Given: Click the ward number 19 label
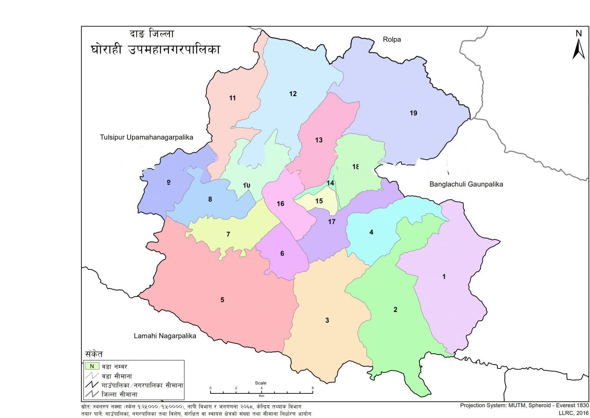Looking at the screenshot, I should pos(413,113).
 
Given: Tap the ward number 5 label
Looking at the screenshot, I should pos(222,300).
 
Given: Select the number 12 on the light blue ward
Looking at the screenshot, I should pos(293,94).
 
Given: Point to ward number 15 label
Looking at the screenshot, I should pos(319,201).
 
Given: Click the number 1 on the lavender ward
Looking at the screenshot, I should pos(444,277).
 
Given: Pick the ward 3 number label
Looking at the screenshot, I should pos(327,320).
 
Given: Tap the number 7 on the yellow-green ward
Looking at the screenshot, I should pos(228,234).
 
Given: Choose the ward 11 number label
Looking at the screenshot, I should pos(232,98).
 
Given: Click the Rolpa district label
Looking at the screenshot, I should pos(392,39).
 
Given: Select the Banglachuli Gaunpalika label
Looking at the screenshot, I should pos(466,184).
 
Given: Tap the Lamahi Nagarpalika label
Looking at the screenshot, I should pos(165,336).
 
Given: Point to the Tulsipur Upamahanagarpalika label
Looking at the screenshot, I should pos(146,137).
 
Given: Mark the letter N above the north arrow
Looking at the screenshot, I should pos(578,33).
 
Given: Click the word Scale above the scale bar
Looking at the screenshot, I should pos(260,383).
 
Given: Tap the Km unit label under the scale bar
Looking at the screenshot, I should pos(262,396).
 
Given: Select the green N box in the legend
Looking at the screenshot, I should pos(92,366).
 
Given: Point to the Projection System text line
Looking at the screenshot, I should pos(524,405).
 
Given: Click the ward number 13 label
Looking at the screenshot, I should pos(319,140).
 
